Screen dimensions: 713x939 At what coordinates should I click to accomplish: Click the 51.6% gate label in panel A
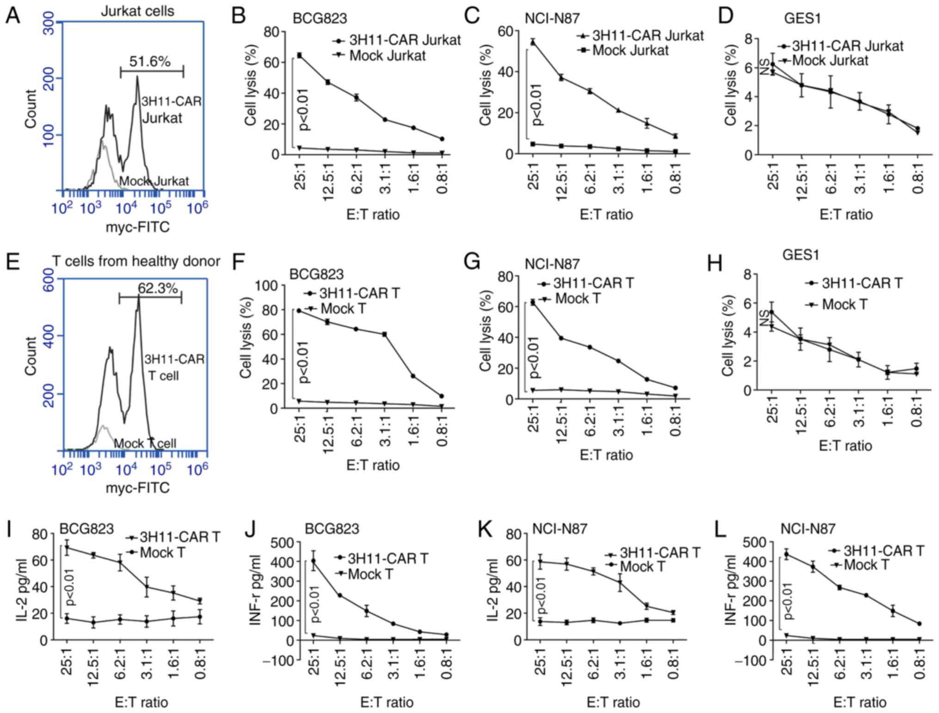click(149, 61)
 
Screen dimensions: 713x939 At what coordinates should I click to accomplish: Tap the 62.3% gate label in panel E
click(158, 288)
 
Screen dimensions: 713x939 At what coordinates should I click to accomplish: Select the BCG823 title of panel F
click(316, 274)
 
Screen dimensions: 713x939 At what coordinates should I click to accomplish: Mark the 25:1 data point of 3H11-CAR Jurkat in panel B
click(300, 56)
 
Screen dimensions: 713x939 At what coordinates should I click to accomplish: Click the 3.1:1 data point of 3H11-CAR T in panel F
click(385, 334)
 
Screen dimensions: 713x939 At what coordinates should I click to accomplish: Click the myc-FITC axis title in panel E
click(138, 488)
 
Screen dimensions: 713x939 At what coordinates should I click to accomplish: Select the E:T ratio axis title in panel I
click(141, 702)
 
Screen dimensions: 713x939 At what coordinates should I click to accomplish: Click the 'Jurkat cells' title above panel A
click(137, 11)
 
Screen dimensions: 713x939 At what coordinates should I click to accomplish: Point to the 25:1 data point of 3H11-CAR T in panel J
click(313, 561)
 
